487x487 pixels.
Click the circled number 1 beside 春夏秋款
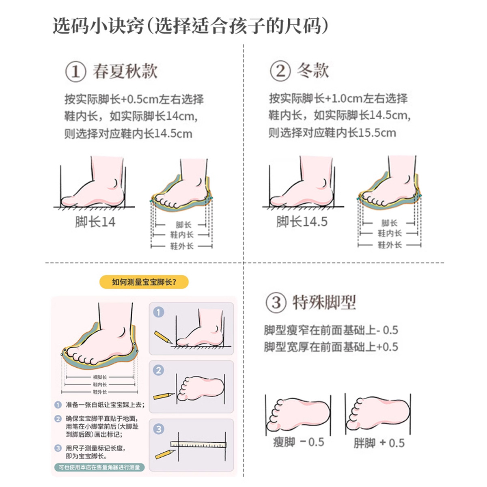pyautogui.click(x=75, y=72)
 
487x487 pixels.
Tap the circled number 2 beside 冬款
pyautogui.click(x=280, y=71)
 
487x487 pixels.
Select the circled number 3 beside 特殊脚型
pyautogui.click(x=276, y=303)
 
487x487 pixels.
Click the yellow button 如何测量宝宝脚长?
pyautogui.click(x=144, y=282)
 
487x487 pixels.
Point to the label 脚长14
pyautogui.click(x=95, y=222)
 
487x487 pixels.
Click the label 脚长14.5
pyautogui.click(x=302, y=222)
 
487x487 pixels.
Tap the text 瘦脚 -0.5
pyautogui.click(x=298, y=442)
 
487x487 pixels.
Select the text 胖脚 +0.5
pyautogui.click(x=379, y=443)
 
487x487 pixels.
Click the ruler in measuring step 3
pyautogui.click(x=198, y=444)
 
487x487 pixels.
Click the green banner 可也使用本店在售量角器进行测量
pyautogui.click(x=99, y=468)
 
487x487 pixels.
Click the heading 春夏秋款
pyautogui.click(x=125, y=71)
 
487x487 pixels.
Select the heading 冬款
pyautogui.click(x=312, y=71)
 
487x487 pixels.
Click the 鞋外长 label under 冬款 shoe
pyautogui.click(x=390, y=245)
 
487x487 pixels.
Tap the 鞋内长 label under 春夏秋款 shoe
pyautogui.click(x=181, y=235)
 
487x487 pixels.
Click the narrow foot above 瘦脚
pyautogui.click(x=298, y=414)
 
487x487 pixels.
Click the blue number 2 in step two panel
pyautogui.click(x=159, y=370)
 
